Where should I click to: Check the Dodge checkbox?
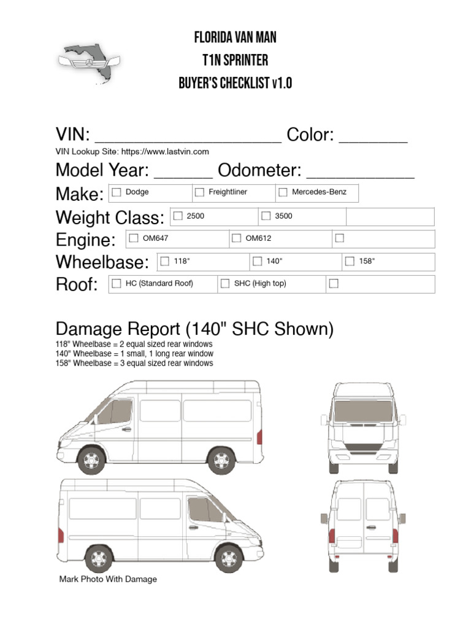117,192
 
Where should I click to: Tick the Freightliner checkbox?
199,192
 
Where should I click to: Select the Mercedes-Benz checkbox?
283,192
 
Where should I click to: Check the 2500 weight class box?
178,216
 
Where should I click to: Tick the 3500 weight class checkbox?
266,216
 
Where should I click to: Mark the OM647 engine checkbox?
133,238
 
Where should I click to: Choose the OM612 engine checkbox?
236,238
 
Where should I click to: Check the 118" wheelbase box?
164,261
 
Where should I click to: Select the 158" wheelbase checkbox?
350,261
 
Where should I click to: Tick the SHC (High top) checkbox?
225,283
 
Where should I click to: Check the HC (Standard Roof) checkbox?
117,283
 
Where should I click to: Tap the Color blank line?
373,139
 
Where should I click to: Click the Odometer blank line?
360,174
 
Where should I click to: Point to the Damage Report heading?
194,329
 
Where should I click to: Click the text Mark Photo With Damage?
108,579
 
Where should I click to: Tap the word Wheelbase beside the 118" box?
102,262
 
